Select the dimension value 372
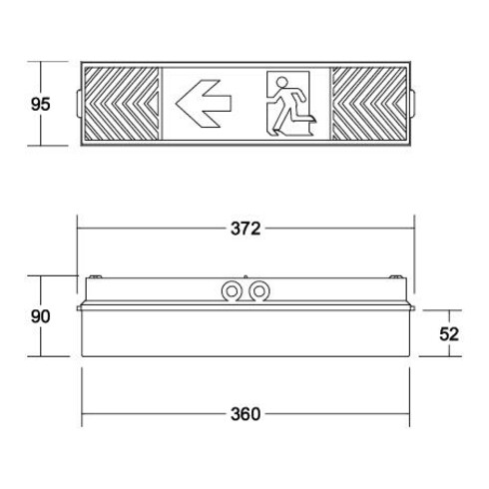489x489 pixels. point(244,229)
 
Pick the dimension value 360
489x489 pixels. point(244,414)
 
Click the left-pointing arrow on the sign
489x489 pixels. point(205,101)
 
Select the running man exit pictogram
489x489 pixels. point(289,104)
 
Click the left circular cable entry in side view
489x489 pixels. point(232,292)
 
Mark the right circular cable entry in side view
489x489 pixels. point(259,292)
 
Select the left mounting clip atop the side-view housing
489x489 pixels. point(97,276)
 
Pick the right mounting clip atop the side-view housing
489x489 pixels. point(397,276)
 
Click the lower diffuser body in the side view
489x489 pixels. point(245,335)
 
